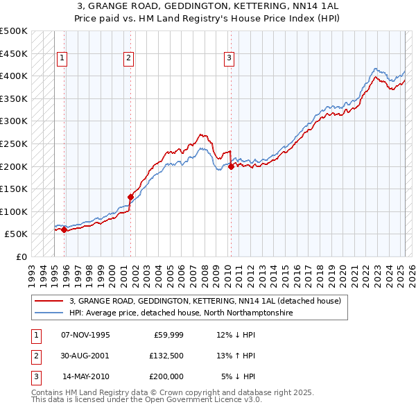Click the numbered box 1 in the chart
coord(62,59)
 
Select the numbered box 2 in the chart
coord(129,59)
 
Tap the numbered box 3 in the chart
coord(229,59)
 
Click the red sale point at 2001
coord(130,197)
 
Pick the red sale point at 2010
coord(231,166)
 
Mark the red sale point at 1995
coord(64,229)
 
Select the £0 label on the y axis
coord(21,256)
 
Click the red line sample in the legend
coord(49,302)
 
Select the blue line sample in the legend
coord(49,313)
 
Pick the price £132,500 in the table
coord(166,356)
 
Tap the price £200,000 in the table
coord(166,376)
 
